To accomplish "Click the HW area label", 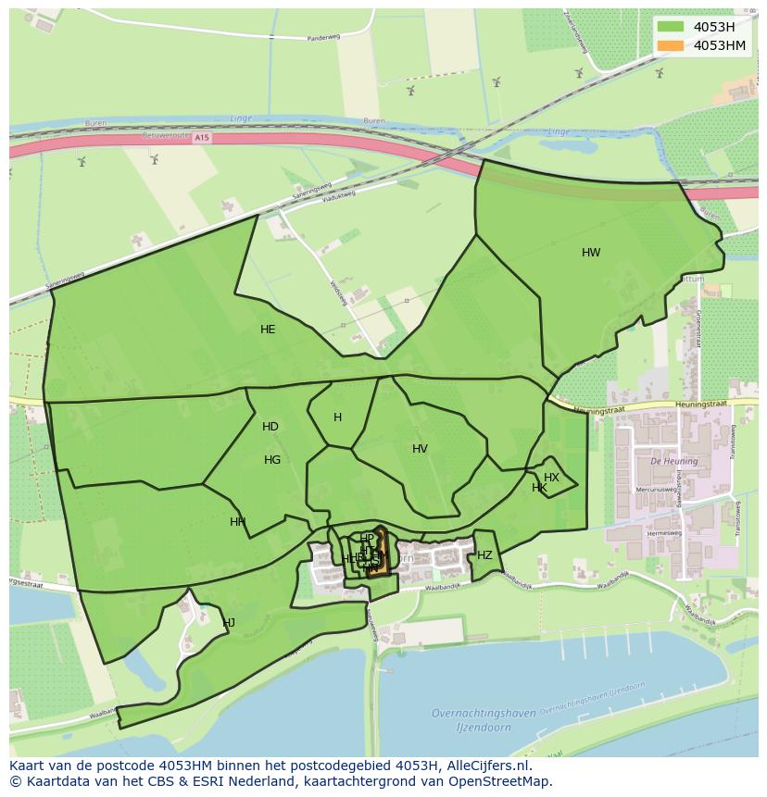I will pos(591,253).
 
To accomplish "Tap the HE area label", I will pos(268,330).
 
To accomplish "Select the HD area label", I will pos(270,427).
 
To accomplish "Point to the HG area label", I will pos(272,460).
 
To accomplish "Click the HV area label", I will pos(420,449).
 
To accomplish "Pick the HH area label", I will pos(238,522).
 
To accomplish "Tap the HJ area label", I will pos(229,623).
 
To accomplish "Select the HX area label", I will pos(551,478).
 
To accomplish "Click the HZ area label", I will pos(484,555).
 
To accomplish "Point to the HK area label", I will pos(539,488).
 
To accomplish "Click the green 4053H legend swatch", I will pos(671,27).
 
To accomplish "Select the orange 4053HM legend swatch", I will pos(671,45).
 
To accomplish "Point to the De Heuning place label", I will pos(667,460).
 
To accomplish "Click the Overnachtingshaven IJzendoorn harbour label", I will pos(484,718).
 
